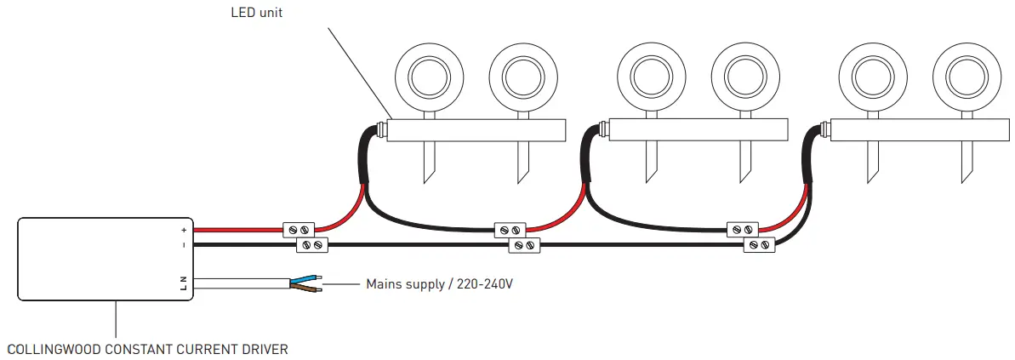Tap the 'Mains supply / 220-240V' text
(x=439, y=283)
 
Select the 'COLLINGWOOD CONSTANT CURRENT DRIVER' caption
(x=147, y=349)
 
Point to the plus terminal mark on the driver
(x=184, y=230)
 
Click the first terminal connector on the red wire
(x=299, y=229)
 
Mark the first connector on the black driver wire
(x=311, y=245)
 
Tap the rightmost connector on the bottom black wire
(x=758, y=245)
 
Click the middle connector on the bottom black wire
(x=524, y=245)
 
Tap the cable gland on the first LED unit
(x=381, y=130)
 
